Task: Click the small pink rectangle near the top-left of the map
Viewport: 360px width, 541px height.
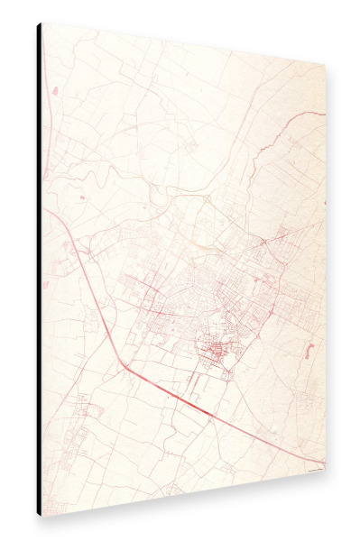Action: (55, 90)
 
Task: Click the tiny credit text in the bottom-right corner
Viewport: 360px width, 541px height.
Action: (311, 466)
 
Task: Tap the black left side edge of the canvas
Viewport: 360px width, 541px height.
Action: (39, 270)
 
